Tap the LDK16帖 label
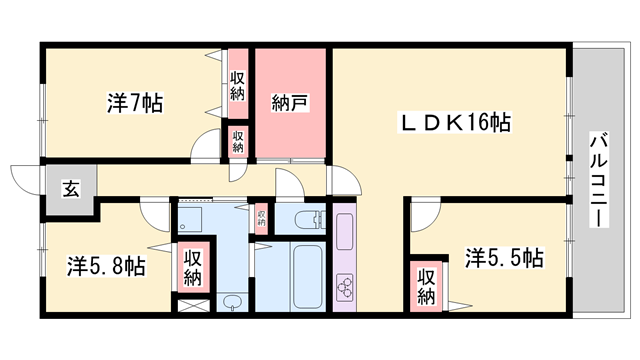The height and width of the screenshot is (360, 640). pyautogui.click(x=454, y=122)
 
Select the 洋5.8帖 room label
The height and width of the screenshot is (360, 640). pyautogui.click(x=106, y=266)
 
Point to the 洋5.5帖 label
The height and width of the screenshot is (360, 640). pyautogui.click(x=504, y=258)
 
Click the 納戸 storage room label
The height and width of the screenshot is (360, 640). pyautogui.click(x=290, y=103)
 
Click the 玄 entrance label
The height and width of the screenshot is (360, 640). pyautogui.click(x=71, y=189)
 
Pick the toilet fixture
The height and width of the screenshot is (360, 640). pyautogui.click(x=310, y=220)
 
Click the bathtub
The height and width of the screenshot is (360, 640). pyautogui.click(x=308, y=277)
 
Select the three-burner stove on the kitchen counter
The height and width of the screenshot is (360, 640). pyautogui.click(x=345, y=287)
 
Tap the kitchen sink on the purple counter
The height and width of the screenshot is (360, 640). pyautogui.click(x=345, y=231)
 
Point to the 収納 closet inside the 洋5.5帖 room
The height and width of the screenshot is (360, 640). pyautogui.click(x=426, y=286)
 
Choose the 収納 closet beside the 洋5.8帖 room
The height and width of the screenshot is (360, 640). pyautogui.click(x=193, y=267)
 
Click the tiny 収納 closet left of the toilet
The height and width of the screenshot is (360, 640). pyautogui.click(x=261, y=218)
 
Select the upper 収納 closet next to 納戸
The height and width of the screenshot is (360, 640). pyautogui.click(x=238, y=84)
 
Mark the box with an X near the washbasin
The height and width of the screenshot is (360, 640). pyautogui.click(x=194, y=306)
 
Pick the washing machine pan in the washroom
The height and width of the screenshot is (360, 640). pyautogui.click(x=190, y=220)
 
